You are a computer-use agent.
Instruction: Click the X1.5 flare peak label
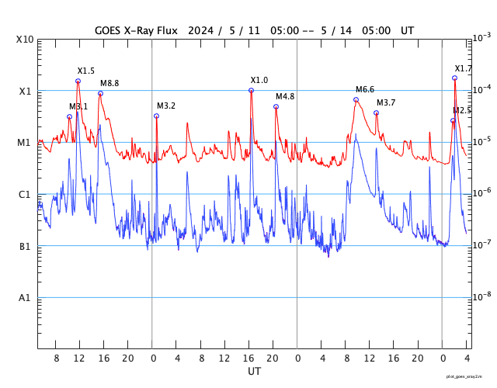coord(85,71)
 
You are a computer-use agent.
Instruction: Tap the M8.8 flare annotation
coord(109,83)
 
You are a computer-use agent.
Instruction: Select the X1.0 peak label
coord(259,81)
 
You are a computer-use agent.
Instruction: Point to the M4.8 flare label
coord(285,97)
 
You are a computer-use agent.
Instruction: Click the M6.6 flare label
coord(365,90)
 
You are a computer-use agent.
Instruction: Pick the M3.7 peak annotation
coord(386,103)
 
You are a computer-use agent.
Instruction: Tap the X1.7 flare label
coord(463,69)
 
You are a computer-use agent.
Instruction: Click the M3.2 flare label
coord(166,106)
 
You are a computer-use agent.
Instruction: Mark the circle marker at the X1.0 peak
coord(251,90)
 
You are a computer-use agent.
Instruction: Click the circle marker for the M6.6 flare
coord(356,99)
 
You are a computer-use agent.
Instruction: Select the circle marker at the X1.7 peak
coord(454,78)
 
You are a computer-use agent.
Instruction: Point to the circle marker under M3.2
coord(156,116)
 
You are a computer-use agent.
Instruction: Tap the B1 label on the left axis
coord(26,247)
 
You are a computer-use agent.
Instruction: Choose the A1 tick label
coord(26,299)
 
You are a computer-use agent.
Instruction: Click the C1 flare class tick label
coord(26,195)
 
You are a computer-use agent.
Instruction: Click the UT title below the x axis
coord(254,372)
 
